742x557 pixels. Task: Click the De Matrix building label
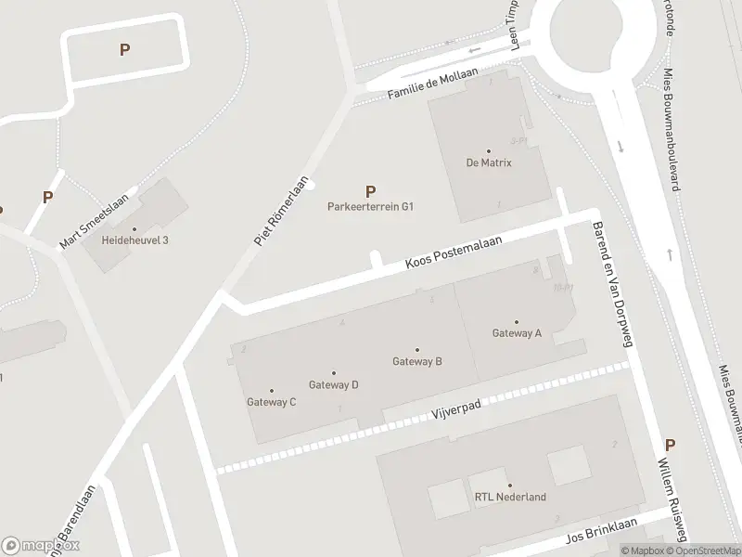(x=489, y=162)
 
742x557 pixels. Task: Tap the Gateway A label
(x=517, y=333)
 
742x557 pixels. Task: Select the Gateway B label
(x=416, y=361)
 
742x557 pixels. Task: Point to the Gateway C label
(x=271, y=402)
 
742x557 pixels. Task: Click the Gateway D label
(x=333, y=384)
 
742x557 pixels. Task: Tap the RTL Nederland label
(x=509, y=497)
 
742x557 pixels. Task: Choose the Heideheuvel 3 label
(x=134, y=240)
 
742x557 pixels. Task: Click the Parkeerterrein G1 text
(x=370, y=207)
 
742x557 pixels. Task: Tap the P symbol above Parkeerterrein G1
(x=371, y=191)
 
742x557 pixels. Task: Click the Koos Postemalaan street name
(x=454, y=253)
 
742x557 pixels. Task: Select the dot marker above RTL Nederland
(x=509, y=486)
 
